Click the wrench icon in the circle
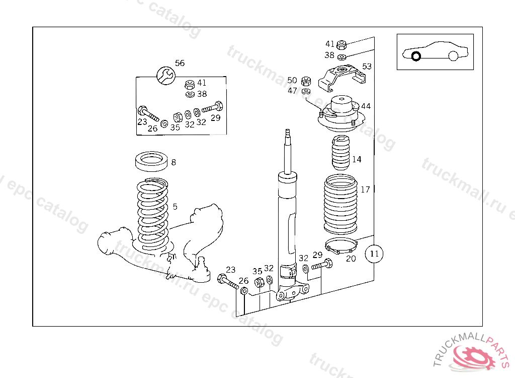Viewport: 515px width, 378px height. pyautogui.click(x=165, y=76)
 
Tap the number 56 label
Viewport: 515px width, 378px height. pyautogui.click(x=180, y=63)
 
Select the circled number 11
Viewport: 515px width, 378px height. pyautogui.click(x=374, y=254)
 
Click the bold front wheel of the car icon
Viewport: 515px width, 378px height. pyautogui.click(x=416, y=56)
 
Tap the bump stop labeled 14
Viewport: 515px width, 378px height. pyautogui.click(x=340, y=154)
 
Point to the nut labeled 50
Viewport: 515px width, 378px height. pyautogui.click(x=305, y=81)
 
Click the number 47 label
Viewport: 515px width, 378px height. pyautogui.click(x=292, y=91)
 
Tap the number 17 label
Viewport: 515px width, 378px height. pyautogui.click(x=365, y=190)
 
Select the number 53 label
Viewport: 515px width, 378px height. pyautogui.click(x=367, y=66)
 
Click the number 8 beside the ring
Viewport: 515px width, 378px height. pyautogui.click(x=174, y=162)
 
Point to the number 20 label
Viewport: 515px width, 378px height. pyautogui.click(x=351, y=259)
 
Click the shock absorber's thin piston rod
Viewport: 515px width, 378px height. pyautogui.click(x=288, y=151)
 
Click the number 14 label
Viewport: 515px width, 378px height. pyautogui.click(x=357, y=159)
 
